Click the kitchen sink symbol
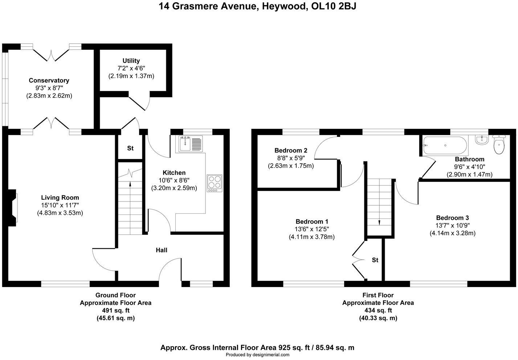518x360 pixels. [191, 144]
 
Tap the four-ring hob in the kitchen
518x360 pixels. [214, 183]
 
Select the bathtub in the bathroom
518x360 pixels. [445, 146]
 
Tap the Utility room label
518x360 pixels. [131, 61]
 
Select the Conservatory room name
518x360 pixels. [49, 81]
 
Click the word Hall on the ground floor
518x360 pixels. [162, 250]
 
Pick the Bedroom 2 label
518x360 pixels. [291, 150]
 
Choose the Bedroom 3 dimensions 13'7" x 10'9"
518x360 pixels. [452, 225]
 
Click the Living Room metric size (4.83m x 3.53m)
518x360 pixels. [60, 213]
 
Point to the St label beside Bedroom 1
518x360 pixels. [375, 260]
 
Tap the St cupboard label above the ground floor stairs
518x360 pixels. [130, 148]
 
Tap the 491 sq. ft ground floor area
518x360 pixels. [115, 310]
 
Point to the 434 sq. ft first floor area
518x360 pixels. [378, 310]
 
